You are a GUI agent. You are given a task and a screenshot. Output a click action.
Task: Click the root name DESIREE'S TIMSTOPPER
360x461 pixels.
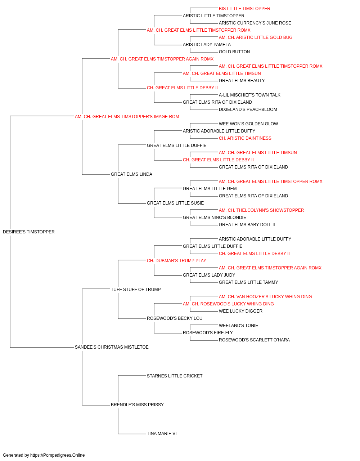(x=29, y=232)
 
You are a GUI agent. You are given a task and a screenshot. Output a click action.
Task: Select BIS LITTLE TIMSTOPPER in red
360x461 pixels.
(x=244, y=9)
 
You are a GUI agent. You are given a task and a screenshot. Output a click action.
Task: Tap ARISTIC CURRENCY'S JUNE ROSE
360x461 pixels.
(x=255, y=23)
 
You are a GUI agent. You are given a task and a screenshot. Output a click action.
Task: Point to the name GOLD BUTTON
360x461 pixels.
(x=234, y=52)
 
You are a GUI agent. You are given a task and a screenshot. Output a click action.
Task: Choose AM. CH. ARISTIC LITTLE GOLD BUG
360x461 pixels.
(x=256, y=37)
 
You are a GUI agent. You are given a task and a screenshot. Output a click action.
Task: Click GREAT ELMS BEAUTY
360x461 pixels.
(x=242, y=81)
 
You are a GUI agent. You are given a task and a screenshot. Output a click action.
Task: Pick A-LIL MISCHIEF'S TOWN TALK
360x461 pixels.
(x=249, y=95)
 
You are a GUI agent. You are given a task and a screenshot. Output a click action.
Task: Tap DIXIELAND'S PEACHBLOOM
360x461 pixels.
(x=248, y=109)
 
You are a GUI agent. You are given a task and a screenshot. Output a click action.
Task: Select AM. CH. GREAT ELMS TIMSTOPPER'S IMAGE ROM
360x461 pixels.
(x=127, y=117)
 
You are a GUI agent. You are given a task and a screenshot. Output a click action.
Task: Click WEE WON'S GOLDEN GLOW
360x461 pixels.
(x=248, y=124)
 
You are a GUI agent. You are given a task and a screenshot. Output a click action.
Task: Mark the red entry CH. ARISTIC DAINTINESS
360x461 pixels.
(x=245, y=138)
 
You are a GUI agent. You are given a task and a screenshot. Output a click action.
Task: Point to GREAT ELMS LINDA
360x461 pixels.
(x=131, y=174)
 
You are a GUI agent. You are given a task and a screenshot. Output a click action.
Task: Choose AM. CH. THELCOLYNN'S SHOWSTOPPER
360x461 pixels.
(x=261, y=210)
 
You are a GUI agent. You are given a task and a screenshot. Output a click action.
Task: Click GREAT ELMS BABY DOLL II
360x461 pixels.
(x=247, y=225)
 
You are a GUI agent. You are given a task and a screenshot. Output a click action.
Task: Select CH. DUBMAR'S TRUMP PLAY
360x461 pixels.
(x=176, y=261)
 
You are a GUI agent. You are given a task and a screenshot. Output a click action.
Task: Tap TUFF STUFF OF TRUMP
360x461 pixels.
(x=136, y=290)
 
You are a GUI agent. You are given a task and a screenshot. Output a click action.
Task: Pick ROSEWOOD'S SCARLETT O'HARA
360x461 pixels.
(x=254, y=340)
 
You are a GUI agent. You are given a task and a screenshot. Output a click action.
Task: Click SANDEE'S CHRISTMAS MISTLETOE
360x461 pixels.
(x=112, y=347)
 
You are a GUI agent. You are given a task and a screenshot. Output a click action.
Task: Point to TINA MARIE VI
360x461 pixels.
(x=162, y=434)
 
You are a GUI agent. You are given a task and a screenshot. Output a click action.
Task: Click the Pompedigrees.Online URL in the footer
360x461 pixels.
(x=57, y=455)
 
